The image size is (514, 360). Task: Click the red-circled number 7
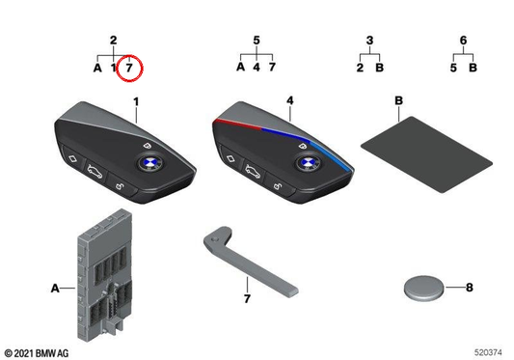click(x=129, y=68)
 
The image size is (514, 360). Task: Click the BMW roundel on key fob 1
click(x=149, y=163)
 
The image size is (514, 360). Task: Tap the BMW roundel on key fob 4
click(x=309, y=163)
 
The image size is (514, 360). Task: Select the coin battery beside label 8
click(x=423, y=288)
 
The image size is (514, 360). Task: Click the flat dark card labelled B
click(x=426, y=154)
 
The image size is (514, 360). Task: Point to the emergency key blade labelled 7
click(x=249, y=260)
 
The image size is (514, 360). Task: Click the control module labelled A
click(x=105, y=276)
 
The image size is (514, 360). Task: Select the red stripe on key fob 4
click(x=236, y=125)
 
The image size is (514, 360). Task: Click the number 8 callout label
click(x=470, y=288)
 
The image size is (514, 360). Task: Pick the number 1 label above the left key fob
click(x=136, y=101)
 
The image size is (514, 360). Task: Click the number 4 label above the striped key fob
click(x=290, y=100)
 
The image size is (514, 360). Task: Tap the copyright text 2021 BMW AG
click(x=37, y=353)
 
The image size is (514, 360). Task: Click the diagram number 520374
click(x=488, y=352)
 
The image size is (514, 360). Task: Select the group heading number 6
click(x=463, y=40)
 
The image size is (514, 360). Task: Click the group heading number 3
click(x=369, y=40)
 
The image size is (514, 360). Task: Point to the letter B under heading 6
click(x=473, y=68)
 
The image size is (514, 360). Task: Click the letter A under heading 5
click(x=241, y=67)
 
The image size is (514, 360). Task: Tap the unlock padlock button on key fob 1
click(x=121, y=186)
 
